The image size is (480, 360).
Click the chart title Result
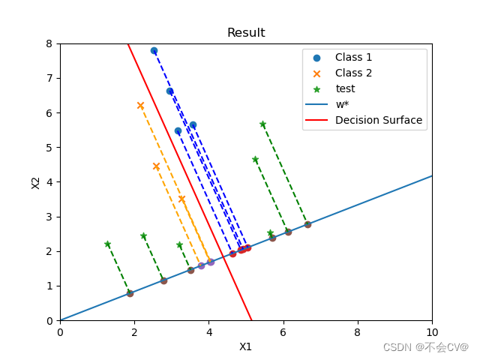click(246, 33)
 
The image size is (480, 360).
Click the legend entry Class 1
click(353, 57)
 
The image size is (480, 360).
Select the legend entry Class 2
click(353, 73)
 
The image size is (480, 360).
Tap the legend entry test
click(345, 88)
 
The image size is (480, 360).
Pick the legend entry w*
click(342, 104)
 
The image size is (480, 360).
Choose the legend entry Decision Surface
click(378, 120)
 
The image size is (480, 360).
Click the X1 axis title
click(246, 346)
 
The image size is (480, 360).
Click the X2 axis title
click(35, 182)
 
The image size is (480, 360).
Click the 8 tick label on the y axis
click(49, 43)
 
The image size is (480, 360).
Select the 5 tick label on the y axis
click(49, 148)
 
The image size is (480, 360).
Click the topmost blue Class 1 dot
click(154, 51)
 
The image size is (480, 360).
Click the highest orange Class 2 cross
click(140, 106)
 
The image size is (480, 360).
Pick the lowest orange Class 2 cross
click(181, 199)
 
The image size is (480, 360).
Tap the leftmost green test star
click(107, 244)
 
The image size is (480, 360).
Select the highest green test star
click(262, 124)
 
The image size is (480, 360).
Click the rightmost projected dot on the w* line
click(307, 224)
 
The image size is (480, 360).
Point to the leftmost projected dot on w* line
click(130, 293)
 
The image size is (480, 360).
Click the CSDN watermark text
click(425, 347)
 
